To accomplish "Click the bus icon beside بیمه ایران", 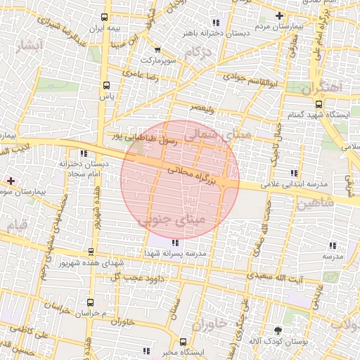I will [x=105, y=17].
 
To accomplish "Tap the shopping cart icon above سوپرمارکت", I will [x=157, y=50].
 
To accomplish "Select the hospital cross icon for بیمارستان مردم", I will [x=279, y=15].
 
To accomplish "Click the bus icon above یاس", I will [x=105, y=83].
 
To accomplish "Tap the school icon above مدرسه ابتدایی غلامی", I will [x=293, y=173].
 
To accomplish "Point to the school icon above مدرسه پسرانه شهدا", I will [x=175, y=243].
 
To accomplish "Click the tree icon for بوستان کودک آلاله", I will [x=278, y=330].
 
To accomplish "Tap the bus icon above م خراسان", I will [x=89, y=300].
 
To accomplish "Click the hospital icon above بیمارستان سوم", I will [x=10, y=180].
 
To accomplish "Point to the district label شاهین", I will [x=312, y=205].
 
